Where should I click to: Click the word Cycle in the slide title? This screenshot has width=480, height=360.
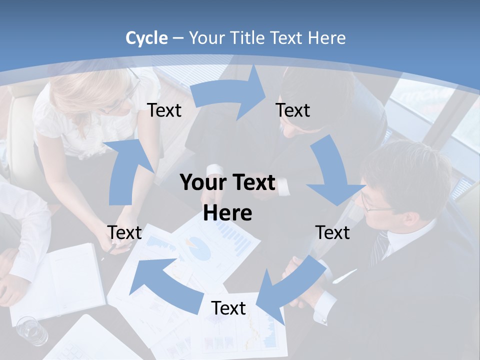click(146, 38)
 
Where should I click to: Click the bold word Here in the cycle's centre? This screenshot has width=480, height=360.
click(227, 213)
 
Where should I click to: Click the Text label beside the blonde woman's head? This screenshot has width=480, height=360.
click(164, 110)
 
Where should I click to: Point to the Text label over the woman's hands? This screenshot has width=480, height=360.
click(124, 232)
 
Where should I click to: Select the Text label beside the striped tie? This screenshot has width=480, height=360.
click(332, 232)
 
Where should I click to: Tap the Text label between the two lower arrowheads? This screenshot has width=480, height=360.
click(228, 308)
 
